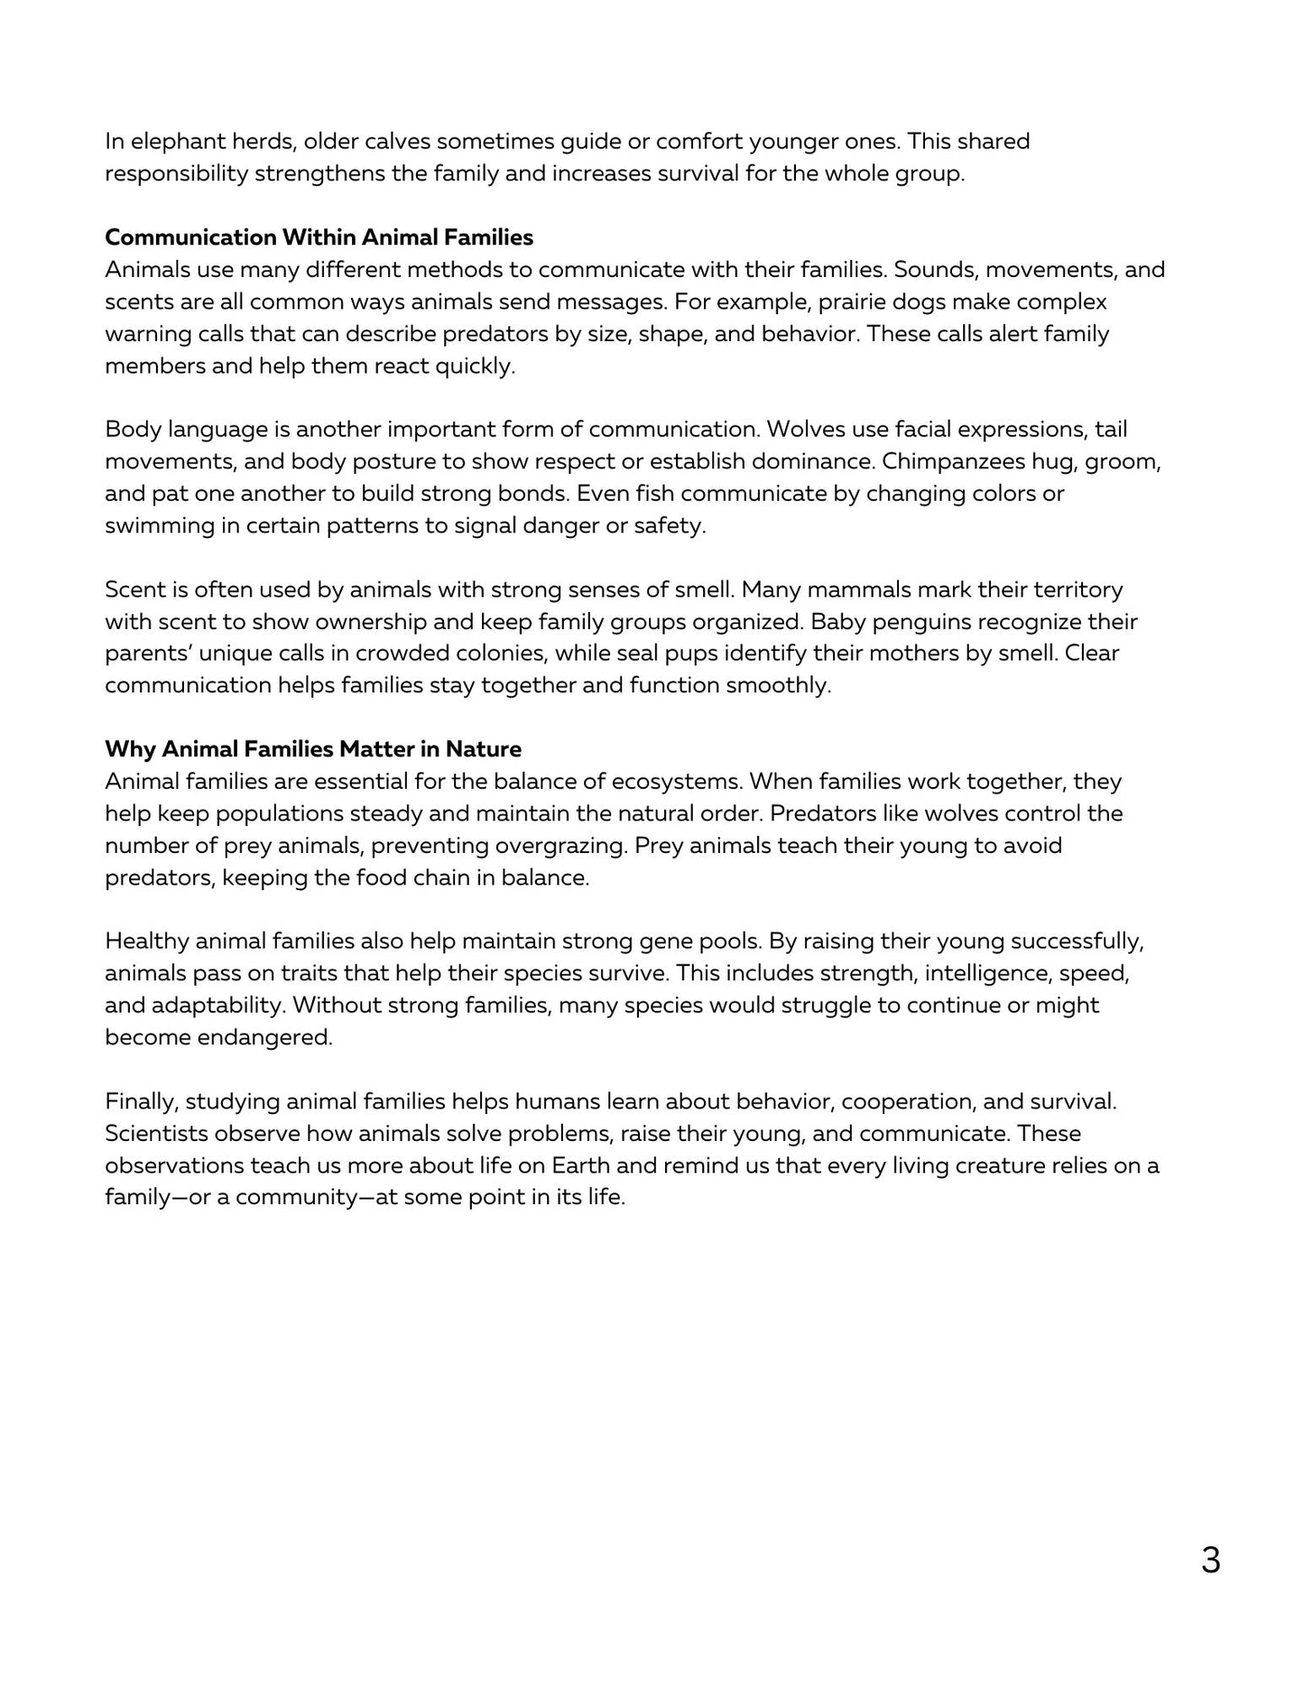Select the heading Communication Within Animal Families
(319, 237)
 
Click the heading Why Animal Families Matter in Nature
(313, 749)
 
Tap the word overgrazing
(565, 846)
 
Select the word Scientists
(155, 1134)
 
